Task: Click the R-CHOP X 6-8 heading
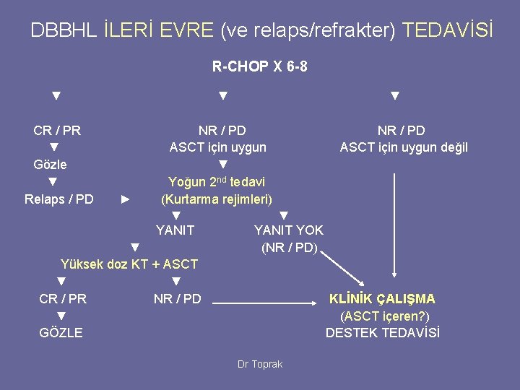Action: (260, 67)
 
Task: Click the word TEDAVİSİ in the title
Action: (448, 30)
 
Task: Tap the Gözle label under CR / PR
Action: (51, 164)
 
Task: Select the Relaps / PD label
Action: (59, 199)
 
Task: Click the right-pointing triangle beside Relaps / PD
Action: (125, 199)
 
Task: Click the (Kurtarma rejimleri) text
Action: (216, 199)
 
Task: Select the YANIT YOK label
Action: (288, 230)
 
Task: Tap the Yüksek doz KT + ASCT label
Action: (129, 264)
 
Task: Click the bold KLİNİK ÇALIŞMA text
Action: (382, 298)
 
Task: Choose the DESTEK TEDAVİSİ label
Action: (383, 333)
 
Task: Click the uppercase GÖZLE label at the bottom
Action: (61, 333)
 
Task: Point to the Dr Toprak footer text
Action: (260, 364)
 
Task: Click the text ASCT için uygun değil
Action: (404, 147)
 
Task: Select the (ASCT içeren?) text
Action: (384, 316)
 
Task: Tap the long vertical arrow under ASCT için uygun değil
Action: (394, 224)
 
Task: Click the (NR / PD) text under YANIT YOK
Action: (289, 248)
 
